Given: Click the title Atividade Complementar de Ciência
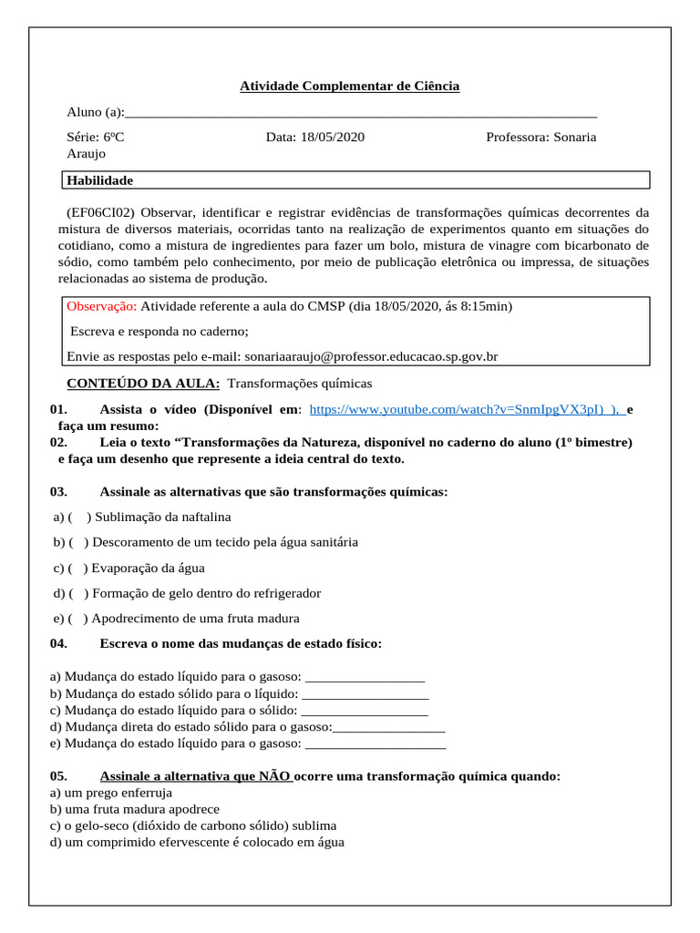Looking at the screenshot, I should click(x=349, y=87).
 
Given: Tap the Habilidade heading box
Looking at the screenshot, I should click(x=355, y=180).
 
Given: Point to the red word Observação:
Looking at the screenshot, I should click(x=102, y=306).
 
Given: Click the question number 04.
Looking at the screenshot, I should click(x=59, y=644).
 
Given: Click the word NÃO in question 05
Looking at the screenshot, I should click(x=274, y=776).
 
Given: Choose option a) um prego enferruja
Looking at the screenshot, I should click(x=111, y=793).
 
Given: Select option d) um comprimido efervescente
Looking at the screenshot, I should click(x=197, y=842).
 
